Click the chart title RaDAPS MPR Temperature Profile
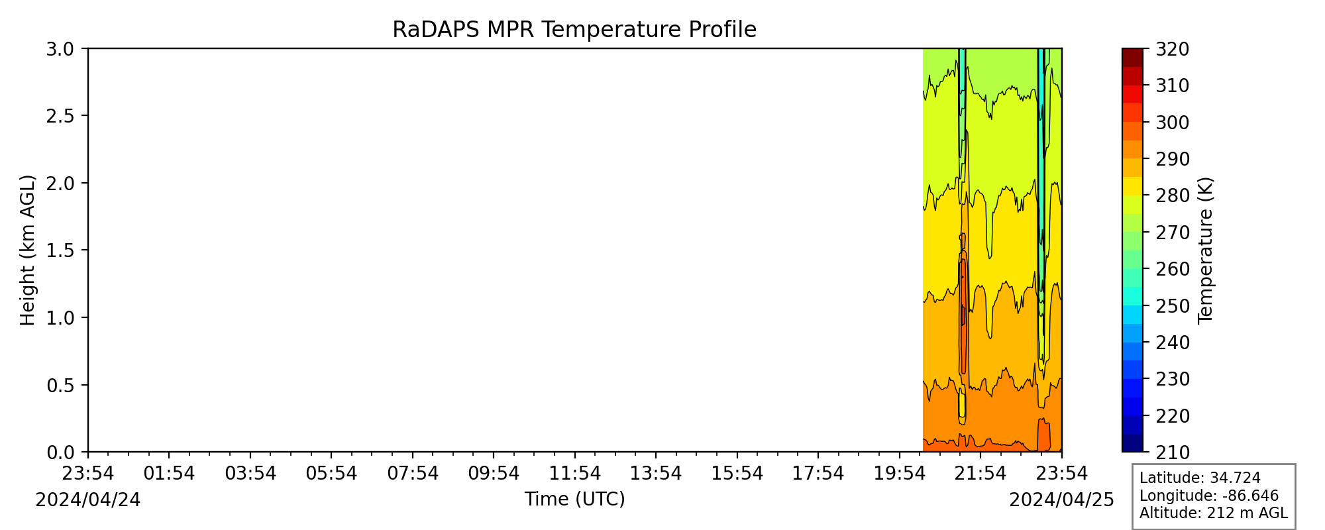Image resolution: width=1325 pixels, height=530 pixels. coord(574,30)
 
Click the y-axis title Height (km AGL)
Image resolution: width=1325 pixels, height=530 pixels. coord(27,250)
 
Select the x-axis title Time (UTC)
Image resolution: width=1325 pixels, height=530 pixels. coord(574,499)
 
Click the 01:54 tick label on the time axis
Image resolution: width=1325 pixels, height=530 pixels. coord(169,473)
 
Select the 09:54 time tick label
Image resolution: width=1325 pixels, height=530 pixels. coord(494,473)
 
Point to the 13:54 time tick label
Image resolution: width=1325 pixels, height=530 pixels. coord(656,473)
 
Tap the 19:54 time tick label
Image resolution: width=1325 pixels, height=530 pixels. coord(900,473)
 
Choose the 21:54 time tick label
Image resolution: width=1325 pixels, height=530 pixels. coord(980,473)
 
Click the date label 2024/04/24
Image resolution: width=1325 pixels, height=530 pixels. coord(88,500)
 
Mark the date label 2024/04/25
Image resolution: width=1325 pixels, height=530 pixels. coord(1062,500)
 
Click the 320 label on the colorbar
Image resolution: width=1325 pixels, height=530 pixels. coord(1173,49)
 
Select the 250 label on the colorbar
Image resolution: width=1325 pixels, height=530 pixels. coord(1173,306)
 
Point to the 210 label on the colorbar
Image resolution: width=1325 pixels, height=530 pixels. coord(1173,452)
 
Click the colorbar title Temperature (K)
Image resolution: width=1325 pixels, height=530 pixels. coord(1205,250)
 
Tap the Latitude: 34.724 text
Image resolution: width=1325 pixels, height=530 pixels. coord(1200,478)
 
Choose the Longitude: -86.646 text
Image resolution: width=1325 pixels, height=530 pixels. coord(1209,496)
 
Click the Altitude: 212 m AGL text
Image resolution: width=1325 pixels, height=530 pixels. coord(1214,513)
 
